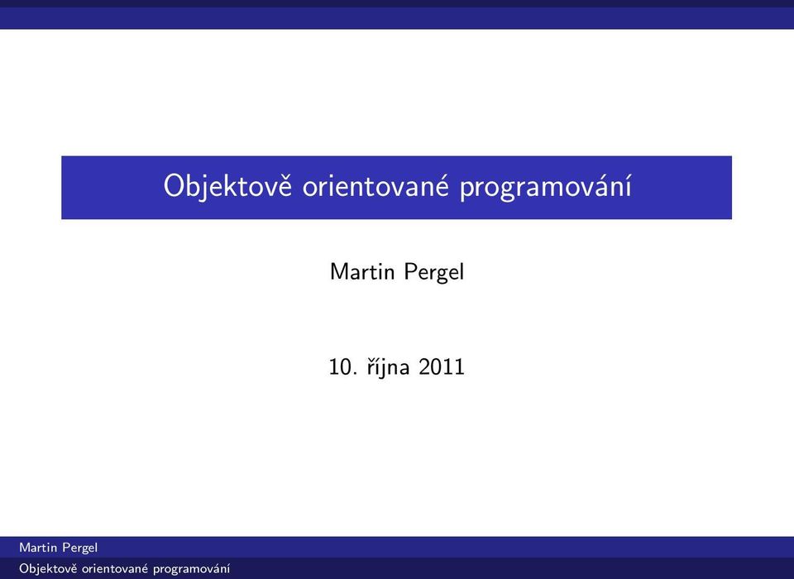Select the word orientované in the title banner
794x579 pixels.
[x=375, y=185]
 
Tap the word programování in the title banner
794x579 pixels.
[x=545, y=187]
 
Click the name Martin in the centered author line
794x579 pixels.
[x=362, y=271]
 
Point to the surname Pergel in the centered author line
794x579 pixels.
[x=434, y=272]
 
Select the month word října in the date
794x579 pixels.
[x=387, y=366]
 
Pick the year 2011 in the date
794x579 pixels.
[x=441, y=366]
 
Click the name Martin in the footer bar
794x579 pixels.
[x=38, y=548]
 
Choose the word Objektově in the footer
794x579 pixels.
[x=48, y=569]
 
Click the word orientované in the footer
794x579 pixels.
[x=114, y=569]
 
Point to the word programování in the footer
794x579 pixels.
[x=191, y=569]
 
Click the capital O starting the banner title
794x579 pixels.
[x=173, y=186]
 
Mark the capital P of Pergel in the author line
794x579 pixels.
[x=411, y=271]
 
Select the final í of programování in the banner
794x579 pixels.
[x=629, y=185]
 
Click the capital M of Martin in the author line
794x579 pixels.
[x=339, y=271]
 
